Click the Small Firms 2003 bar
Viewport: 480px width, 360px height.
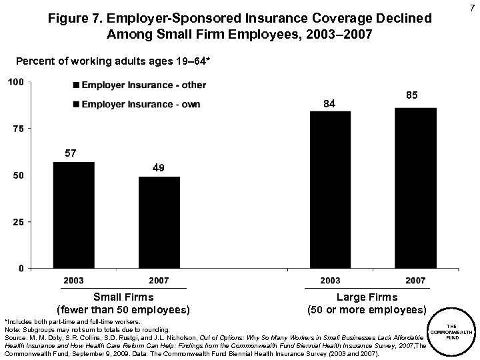click(x=73, y=215)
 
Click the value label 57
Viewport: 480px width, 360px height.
click(x=71, y=153)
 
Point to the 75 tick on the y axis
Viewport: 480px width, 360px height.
click(x=18, y=129)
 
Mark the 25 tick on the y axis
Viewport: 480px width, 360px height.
click(x=18, y=221)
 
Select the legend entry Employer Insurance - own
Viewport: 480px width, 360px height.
click(x=137, y=104)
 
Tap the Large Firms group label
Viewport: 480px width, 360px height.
click(x=367, y=303)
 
